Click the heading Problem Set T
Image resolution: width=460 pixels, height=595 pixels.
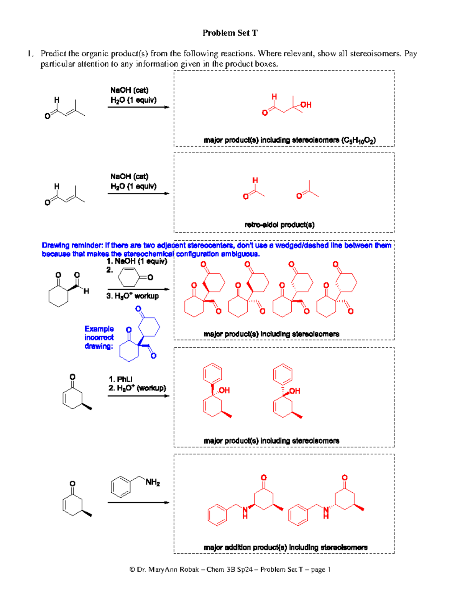230,33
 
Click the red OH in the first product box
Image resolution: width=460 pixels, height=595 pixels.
306,105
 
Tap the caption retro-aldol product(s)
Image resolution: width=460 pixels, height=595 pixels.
279,225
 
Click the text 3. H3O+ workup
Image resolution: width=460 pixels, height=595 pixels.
133,296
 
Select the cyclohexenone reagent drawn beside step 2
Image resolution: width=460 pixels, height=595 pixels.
134,277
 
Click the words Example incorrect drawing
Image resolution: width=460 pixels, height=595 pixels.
99,338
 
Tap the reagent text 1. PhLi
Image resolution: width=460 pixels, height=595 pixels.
120,379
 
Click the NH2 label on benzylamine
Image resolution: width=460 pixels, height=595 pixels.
153,482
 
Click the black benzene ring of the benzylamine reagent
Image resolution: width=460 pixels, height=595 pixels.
121,487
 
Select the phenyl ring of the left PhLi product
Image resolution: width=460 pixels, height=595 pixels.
212,373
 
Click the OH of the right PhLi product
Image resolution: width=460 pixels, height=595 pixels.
295,391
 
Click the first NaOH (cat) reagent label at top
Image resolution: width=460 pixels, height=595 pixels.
129,90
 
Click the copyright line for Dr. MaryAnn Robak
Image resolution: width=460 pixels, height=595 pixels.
230,569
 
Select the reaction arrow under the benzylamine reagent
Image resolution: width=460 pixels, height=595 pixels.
138,502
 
